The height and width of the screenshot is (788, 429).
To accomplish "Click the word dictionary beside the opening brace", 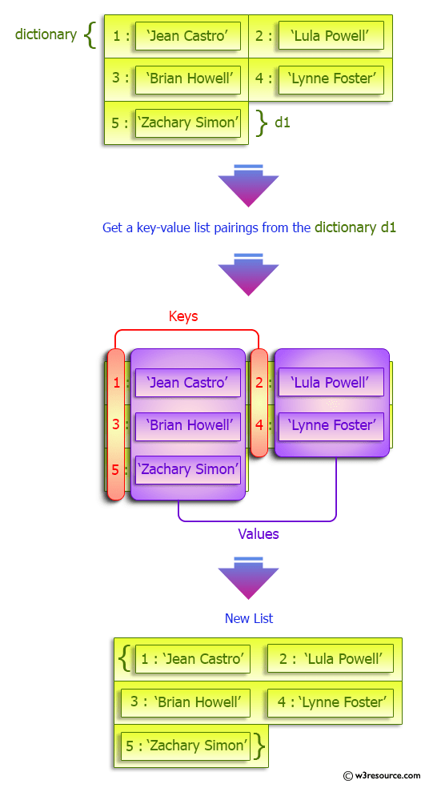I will [x=46, y=34].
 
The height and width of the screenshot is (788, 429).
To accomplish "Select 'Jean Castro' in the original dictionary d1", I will [x=188, y=36].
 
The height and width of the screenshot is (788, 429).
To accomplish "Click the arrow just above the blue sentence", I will [x=248, y=186].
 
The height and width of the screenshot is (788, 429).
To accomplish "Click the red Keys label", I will [x=183, y=316].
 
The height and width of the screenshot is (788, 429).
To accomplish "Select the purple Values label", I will [x=259, y=533].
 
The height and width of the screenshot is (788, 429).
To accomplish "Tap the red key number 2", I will [x=259, y=383].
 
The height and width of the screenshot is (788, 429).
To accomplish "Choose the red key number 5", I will [x=116, y=469].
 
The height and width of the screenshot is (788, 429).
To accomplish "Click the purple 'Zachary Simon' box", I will [x=188, y=469].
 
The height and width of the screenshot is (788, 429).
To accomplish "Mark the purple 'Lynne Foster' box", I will [x=331, y=426].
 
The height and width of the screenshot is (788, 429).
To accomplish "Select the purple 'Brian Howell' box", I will [x=188, y=426].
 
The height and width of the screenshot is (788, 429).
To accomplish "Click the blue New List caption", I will [x=249, y=618].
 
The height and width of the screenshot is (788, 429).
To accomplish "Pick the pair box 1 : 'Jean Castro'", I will [x=192, y=659].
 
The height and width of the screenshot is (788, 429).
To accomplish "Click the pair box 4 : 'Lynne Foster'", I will [x=331, y=702].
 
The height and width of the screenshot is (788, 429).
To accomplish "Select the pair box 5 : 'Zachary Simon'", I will [x=186, y=746].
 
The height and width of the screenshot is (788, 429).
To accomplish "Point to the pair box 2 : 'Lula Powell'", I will [x=331, y=659].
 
